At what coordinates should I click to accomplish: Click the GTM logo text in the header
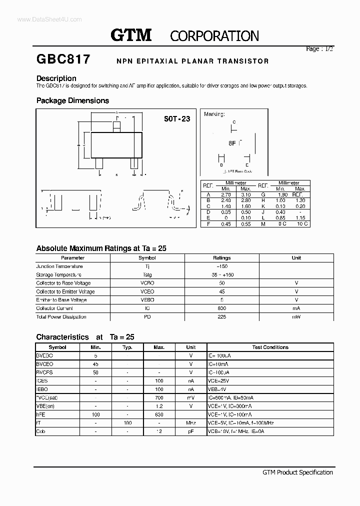[130, 35]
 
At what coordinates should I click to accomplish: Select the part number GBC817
[63, 59]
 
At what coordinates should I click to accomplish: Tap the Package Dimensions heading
[72, 100]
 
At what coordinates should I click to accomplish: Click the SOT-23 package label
[177, 119]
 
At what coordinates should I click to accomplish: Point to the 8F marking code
[232, 142]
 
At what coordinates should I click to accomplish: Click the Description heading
[56, 78]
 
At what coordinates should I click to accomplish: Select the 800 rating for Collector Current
[221, 308]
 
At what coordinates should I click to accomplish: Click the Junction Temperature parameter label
[59, 266]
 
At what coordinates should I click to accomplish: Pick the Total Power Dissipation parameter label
[61, 317]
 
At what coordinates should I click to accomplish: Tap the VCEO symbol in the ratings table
[147, 291]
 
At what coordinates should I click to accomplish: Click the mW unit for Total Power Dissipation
[296, 317]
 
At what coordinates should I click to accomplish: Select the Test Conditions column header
[270, 347]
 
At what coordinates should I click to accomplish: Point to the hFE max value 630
[159, 414]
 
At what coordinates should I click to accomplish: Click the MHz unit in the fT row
[190, 423]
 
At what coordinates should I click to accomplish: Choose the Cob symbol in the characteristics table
[41, 431]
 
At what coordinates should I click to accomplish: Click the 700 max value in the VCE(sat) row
[159, 397]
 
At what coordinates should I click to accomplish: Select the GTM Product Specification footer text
[297, 472]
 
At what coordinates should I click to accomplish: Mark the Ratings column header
[221, 258]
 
